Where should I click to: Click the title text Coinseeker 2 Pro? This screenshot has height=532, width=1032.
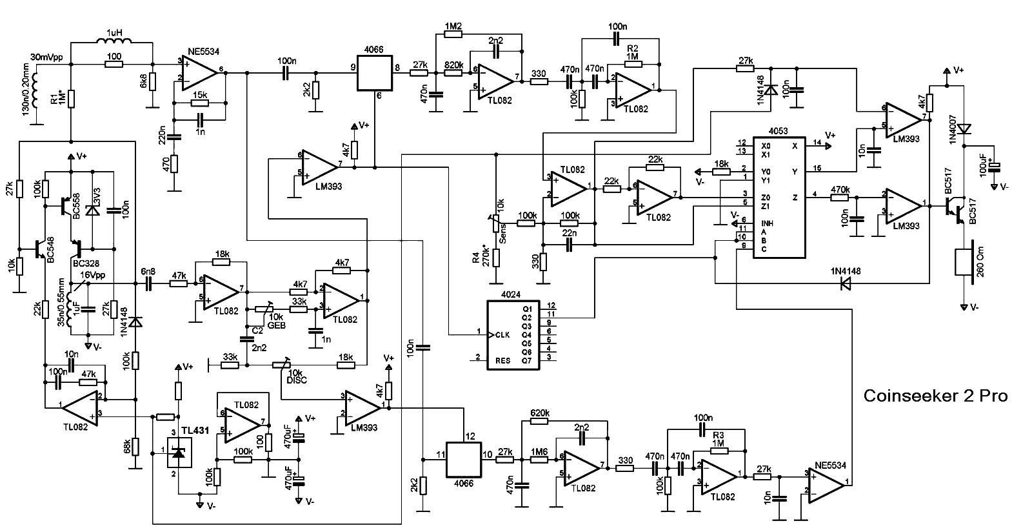tap(935, 396)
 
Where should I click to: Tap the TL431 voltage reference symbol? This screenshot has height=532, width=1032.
tap(179, 454)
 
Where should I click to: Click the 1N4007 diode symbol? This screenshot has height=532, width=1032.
tap(964, 128)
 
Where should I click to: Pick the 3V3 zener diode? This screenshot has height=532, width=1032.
tap(94, 209)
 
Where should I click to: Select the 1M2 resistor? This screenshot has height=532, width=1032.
tap(453, 34)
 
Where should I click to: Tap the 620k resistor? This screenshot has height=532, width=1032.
tap(540, 421)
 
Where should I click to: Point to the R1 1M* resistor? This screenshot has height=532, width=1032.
tap(71, 99)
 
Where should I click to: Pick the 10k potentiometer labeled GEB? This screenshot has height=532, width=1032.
tap(261, 310)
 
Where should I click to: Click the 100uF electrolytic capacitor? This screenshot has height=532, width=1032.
tap(995, 167)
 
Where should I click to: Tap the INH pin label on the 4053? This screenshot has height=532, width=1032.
tap(766, 223)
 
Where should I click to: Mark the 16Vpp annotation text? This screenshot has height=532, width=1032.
tap(92, 275)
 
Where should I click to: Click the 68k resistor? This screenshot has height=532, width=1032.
tap(135, 446)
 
